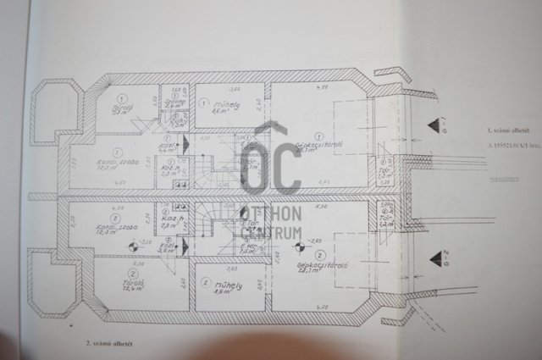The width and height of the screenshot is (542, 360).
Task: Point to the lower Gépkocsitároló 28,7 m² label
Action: click(x=313, y=268)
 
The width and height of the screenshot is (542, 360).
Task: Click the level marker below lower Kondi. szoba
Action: click(x=133, y=246)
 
